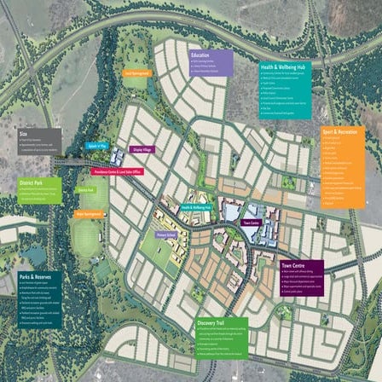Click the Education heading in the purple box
pyautogui.click(x=201, y=55)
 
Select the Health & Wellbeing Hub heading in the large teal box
pyautogui.click(x=284, y=66)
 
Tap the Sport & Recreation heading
pyautogui.click(x=339, y=133)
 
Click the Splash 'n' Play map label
pyautogui.click(x=96, y=146)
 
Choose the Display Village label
pyautogui.click(x=142, y=149)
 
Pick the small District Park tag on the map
pyautogui.click(x=86, y=190)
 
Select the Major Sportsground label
pyautogui.click(x=90, y=214)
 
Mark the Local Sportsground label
pyautogui.click(x=137, y=73)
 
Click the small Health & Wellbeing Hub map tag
pyautogui.click(x=196, y=207)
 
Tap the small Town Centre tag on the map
pyautogui.click(x=251, y=223)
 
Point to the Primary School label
pyautogui.click(x=165, y=233)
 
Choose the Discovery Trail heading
pyautogui.click(x=211, y=324)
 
